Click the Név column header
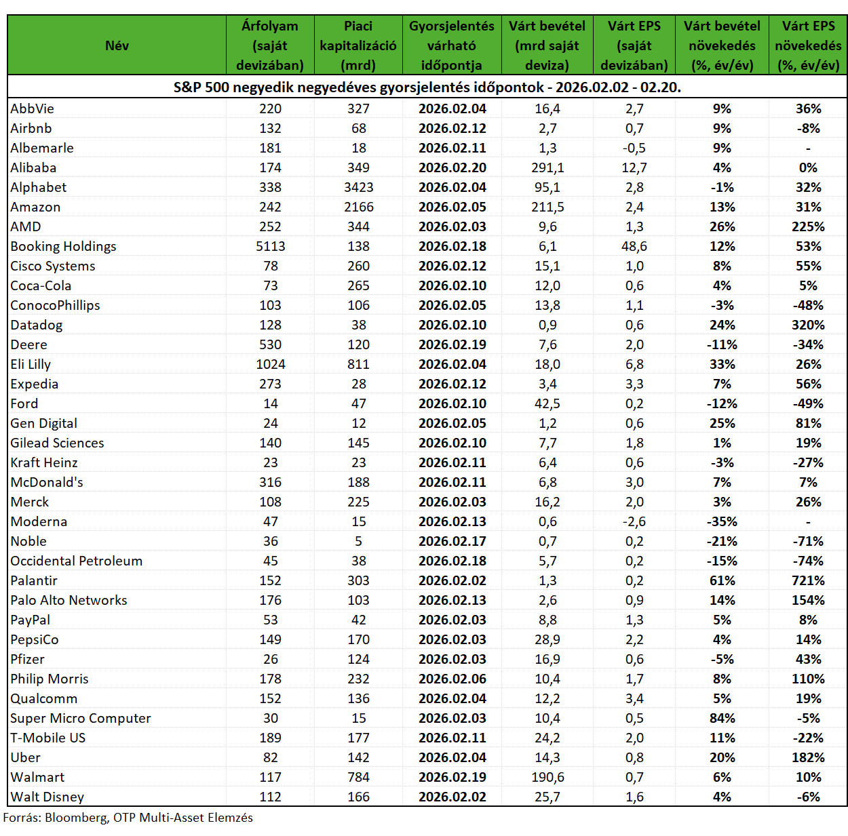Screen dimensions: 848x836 pos(117,45)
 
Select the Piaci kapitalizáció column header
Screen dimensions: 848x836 pos(358,45)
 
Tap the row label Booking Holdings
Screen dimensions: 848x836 pos(63,246)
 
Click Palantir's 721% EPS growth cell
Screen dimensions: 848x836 pos(808,580)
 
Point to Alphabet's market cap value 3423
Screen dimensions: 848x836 pos(359,187)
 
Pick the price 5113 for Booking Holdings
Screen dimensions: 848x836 pos(270,246)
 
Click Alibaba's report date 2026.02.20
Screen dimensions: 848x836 pos(452,167)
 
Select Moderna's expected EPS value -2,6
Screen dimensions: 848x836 pos(634,521)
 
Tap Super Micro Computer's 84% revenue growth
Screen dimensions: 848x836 pos(722,718)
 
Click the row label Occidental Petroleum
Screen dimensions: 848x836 pos(77,561)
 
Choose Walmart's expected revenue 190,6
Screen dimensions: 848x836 pos(547,777)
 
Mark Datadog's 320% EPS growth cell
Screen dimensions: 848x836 pos(808,325)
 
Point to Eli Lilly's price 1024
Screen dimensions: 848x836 pos(270,364)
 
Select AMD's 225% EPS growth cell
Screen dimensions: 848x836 pos(808,226)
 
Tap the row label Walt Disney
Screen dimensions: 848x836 pos(47,797)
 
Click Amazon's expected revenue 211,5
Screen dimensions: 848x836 pos(547,207)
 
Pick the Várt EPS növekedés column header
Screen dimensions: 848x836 pos(808,45)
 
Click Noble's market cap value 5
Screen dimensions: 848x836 pos(359,541)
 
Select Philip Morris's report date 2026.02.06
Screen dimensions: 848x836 pos(452,679)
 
